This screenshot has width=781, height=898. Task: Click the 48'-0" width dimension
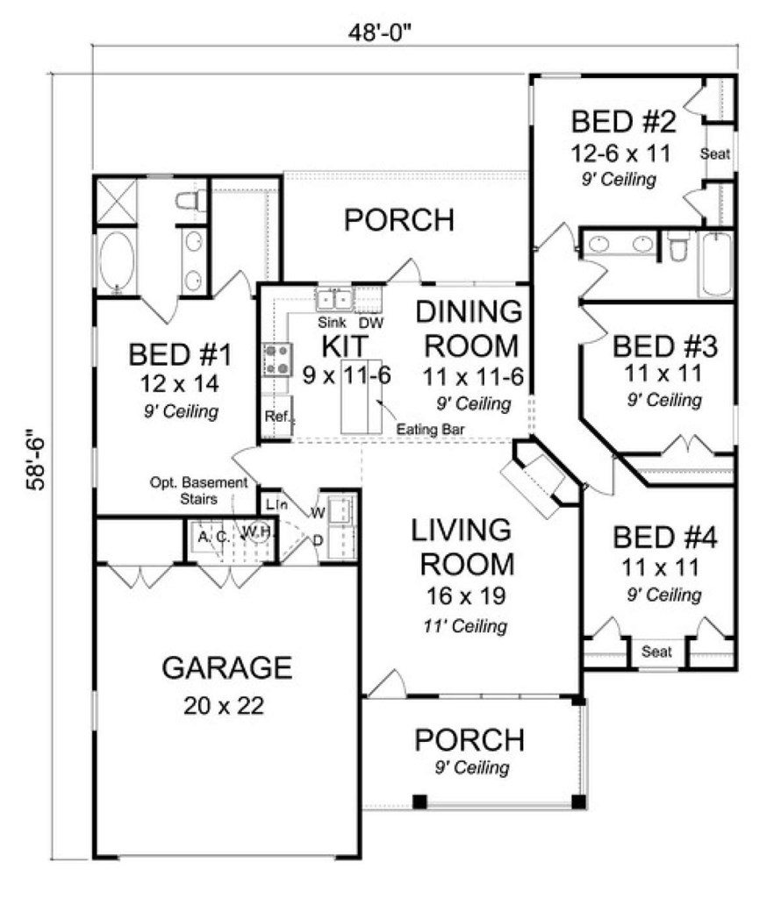(x=380, y=32)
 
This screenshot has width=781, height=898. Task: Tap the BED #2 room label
(x=623, y=122)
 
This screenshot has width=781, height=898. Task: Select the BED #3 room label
(x=664, y=346)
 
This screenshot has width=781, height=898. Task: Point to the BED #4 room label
(x=664, y=538)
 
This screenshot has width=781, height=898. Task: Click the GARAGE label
(x=227, y=667)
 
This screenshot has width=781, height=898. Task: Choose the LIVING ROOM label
(x=463, y=547)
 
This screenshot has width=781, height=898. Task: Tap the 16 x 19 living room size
(x=465, y=596)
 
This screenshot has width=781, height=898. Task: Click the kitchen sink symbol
(x=334, y=300)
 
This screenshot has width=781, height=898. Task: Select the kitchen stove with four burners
(x=276, y=360)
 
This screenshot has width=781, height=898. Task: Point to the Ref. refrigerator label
(x=278, y=417)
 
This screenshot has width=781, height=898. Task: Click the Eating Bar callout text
(x=430, y=429)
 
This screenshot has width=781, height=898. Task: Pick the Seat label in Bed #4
(x=656, y=652)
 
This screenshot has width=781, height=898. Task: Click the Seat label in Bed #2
(x=715, y=154)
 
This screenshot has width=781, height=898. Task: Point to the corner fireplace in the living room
(x=540, y=478)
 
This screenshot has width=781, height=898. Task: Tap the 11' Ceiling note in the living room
(x=465, y=626)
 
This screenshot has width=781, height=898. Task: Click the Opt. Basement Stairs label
(x=199, y=491)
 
